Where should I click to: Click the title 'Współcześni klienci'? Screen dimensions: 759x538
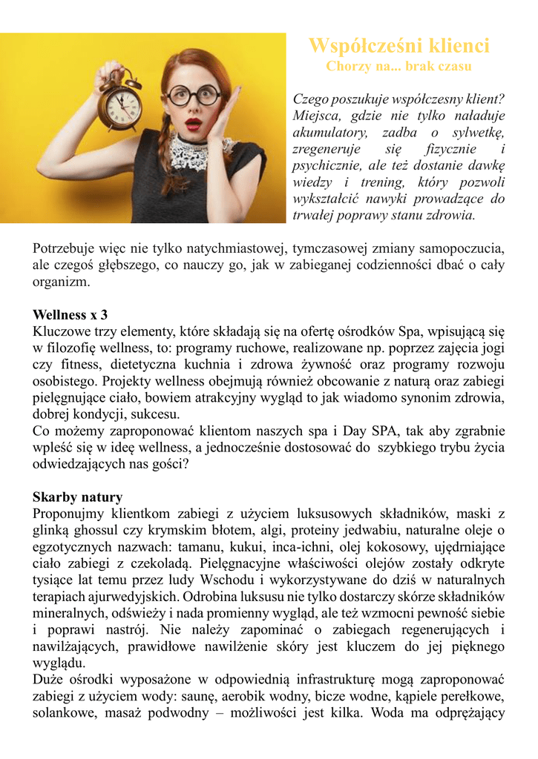398,46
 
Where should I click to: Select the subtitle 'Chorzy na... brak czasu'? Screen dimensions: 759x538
398,66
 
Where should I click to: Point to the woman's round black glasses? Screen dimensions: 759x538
192,95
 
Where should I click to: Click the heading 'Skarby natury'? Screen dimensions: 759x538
77,497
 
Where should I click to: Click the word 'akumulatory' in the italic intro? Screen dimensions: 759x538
329,133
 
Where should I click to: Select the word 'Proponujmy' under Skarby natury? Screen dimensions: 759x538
69,513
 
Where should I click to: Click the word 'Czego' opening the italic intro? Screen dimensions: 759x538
311,99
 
